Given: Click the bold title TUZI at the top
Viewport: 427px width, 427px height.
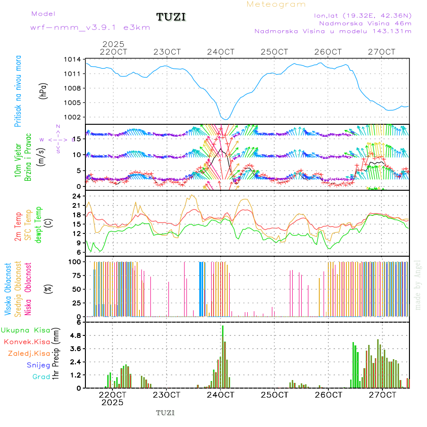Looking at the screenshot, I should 171,17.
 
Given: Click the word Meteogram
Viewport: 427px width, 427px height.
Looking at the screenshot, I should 276,4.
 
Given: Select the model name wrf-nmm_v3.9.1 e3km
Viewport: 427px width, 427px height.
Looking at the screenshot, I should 90,27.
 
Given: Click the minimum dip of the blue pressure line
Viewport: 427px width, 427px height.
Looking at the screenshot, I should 226,119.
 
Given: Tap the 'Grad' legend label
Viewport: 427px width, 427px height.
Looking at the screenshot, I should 41,377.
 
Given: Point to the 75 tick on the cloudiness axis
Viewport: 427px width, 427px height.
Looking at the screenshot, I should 74,275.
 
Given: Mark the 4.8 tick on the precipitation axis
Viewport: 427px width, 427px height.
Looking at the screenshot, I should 74,335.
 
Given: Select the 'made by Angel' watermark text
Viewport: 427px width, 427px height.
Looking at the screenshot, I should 418,285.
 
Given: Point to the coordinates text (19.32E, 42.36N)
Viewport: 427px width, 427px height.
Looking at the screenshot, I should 362,15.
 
